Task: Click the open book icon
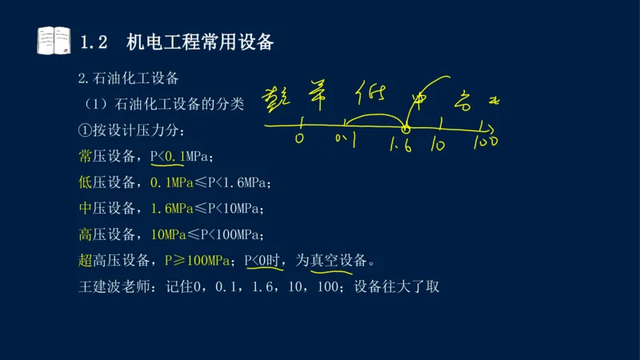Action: click(53, 40)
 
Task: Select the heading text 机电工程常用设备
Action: click(200, 42)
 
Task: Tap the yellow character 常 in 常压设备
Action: click(86, 156)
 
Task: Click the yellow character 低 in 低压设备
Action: click(86, 182)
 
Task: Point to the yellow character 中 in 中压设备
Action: click(86, 209)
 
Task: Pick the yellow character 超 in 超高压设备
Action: click(86, 261)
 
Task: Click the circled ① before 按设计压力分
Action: click(85, 130)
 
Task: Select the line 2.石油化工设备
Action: click(128, 78)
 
